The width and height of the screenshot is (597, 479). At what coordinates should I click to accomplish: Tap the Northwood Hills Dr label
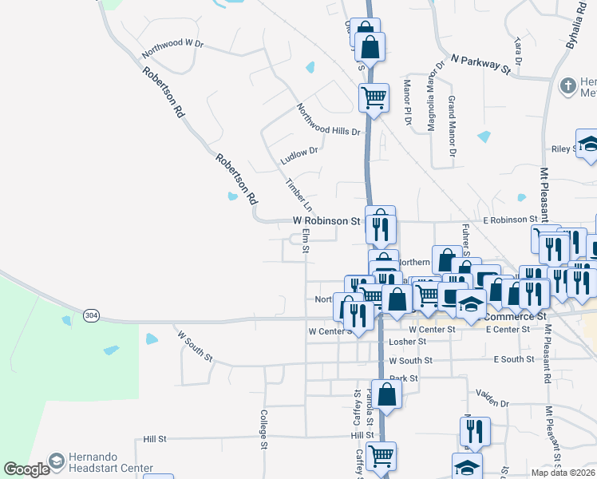[328, 120]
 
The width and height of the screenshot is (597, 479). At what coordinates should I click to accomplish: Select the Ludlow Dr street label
[299, 156]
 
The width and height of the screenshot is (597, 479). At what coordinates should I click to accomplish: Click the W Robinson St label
[326, 220]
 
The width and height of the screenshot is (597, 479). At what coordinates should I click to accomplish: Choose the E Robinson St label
[509, 220]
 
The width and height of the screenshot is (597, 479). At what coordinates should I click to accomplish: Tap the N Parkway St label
[480, 64]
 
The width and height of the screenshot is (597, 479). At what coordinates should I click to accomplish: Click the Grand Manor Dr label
[452, 125]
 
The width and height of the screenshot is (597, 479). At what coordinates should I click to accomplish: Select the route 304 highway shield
[92, 316]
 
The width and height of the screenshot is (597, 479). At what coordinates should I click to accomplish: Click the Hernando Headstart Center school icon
[57, 461]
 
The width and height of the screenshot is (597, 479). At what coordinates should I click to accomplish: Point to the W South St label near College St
[195, 346]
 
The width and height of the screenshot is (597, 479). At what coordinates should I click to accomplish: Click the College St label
[263, 430]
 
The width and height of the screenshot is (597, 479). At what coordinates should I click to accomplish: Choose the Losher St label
[409, 342]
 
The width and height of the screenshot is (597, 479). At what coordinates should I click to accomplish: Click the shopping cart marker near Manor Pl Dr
[374, 98]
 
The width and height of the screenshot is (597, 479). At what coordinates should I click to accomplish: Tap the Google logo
[26, 470]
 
